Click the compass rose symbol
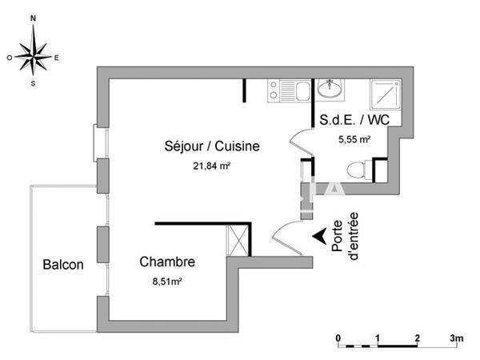coord(34,56)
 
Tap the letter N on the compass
coord(33,18)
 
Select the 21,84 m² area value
coord(212,166)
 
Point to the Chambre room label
coord(167,262)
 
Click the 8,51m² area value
coord(167,282)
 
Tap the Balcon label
coord(62,266)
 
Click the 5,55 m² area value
coord(354,139)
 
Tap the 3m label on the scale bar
coord(456,337)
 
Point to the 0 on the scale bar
coord(338,337)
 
